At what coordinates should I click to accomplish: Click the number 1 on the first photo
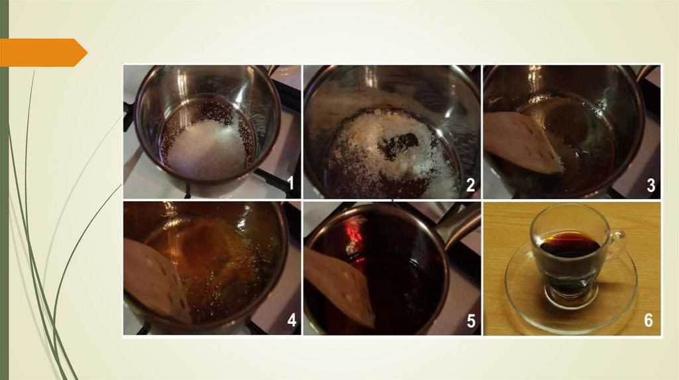[x=290, y=183]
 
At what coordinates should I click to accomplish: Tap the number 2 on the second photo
[x=470, y=185]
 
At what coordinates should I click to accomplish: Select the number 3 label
[x=650, y=185]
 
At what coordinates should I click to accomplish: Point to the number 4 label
[x=292, y=320]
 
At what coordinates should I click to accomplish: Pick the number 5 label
[x=471, y=321]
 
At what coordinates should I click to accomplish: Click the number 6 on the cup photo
[x=648, y=320]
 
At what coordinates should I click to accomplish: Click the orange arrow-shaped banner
[x=43, y=53]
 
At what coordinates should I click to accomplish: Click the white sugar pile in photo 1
[x=208, y=149]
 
